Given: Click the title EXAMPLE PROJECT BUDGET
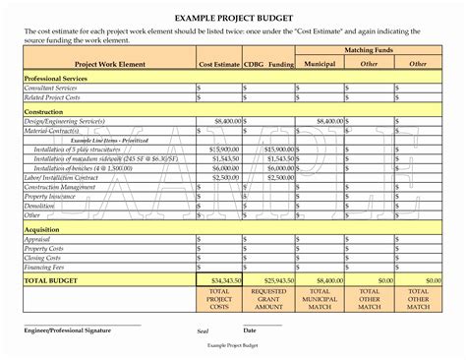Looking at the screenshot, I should [233, 18].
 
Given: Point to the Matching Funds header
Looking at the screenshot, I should [369, 48].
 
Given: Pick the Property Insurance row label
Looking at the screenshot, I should [50, 196].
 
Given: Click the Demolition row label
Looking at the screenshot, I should [40, 205].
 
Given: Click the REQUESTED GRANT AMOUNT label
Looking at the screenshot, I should [268, 299].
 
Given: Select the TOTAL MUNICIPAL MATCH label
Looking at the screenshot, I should [319, 299].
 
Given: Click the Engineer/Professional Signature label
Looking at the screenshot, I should [74, 330].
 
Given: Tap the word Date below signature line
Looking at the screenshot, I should [250, 330].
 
